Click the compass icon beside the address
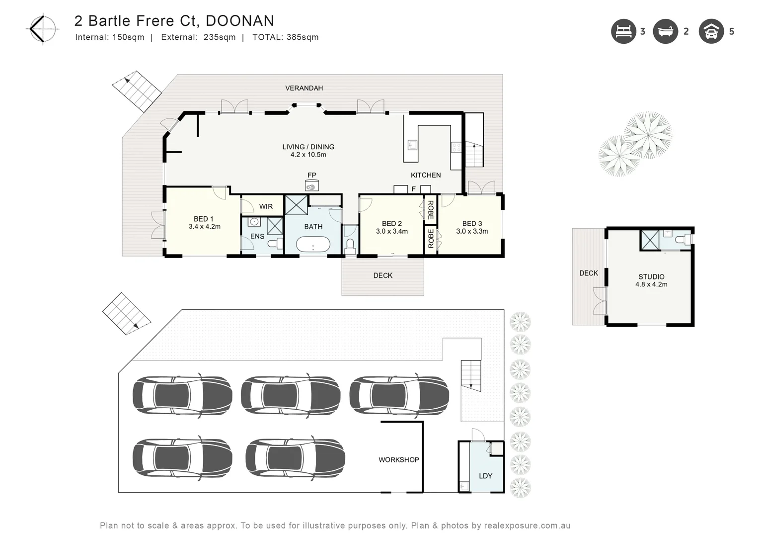click(x=42, y=29)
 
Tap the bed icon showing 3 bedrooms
click(x=623, y=31)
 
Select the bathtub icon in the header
click(x=665, y=31)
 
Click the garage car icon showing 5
click(x=711, y=31)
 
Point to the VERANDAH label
click(x=304, y=88)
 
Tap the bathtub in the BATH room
click(x=313, y=245)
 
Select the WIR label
click(x=266, y=206)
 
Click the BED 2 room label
click(x=391, y=224)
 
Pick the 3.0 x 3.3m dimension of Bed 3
click(x=472, y=231)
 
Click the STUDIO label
click(x=651, y=277)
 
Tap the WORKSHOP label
click(x=398, y=460)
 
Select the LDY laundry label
click(x=485, y=476)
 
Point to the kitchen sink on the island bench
click(x=412, y=145)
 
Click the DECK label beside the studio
click(x=589, y=273)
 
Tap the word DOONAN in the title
click(x=239, y=21)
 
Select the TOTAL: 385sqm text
click(x=285, y=37)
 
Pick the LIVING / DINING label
click(x=308, y=147)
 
